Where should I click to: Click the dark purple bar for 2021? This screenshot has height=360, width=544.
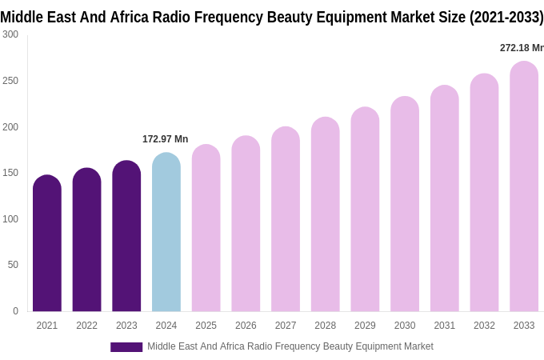tap(47, 243)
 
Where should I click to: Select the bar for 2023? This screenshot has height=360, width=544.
tap(126, 236)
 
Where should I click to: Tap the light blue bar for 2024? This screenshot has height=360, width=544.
tap(166, 232)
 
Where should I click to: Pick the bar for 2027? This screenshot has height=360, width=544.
tap(286, 219)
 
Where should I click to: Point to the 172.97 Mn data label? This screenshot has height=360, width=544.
tap(165, 139)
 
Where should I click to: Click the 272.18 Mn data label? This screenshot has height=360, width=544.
tap(522, 48)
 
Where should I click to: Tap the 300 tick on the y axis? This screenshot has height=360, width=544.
tap(10, 34)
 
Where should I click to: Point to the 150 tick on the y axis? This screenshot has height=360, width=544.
tap(10, 173)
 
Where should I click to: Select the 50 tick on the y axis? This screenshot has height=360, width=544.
tap(13, 265)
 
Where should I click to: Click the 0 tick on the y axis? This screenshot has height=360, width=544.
tap(15, 311)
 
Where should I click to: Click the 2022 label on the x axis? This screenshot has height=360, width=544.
tap(86, 326)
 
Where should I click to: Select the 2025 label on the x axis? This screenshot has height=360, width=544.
tap(206, 326)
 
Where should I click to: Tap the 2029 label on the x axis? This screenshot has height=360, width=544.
tap(365, 326)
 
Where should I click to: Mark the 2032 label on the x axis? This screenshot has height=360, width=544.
tap(484, 326)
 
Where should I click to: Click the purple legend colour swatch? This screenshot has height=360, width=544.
tap(126, 347)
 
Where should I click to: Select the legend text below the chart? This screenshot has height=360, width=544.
tap(290, 346)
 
